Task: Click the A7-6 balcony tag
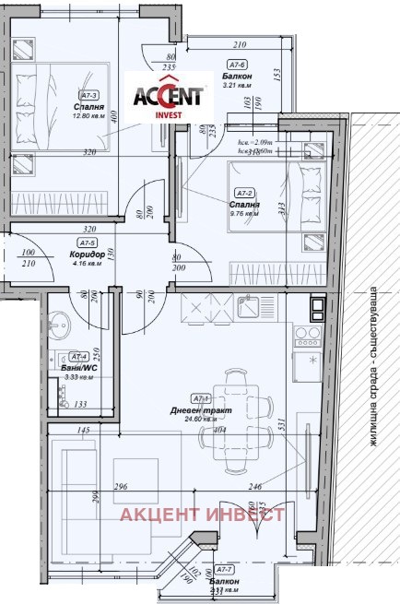point(236,64)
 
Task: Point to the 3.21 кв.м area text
point(238,85)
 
